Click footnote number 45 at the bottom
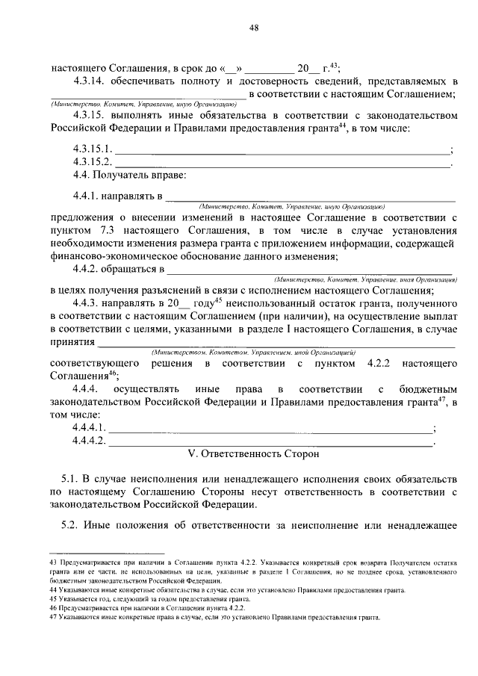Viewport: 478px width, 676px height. (52, 599)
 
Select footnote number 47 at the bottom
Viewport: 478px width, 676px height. (52, 618)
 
